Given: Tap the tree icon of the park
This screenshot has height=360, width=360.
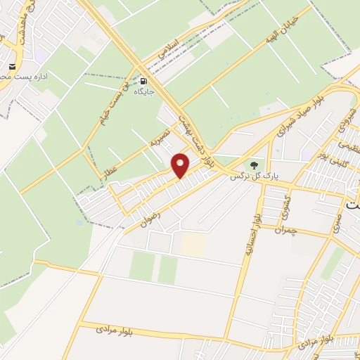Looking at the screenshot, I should tap(253, 165).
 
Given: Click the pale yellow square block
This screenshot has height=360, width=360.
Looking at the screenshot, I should tap(194, 244).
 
